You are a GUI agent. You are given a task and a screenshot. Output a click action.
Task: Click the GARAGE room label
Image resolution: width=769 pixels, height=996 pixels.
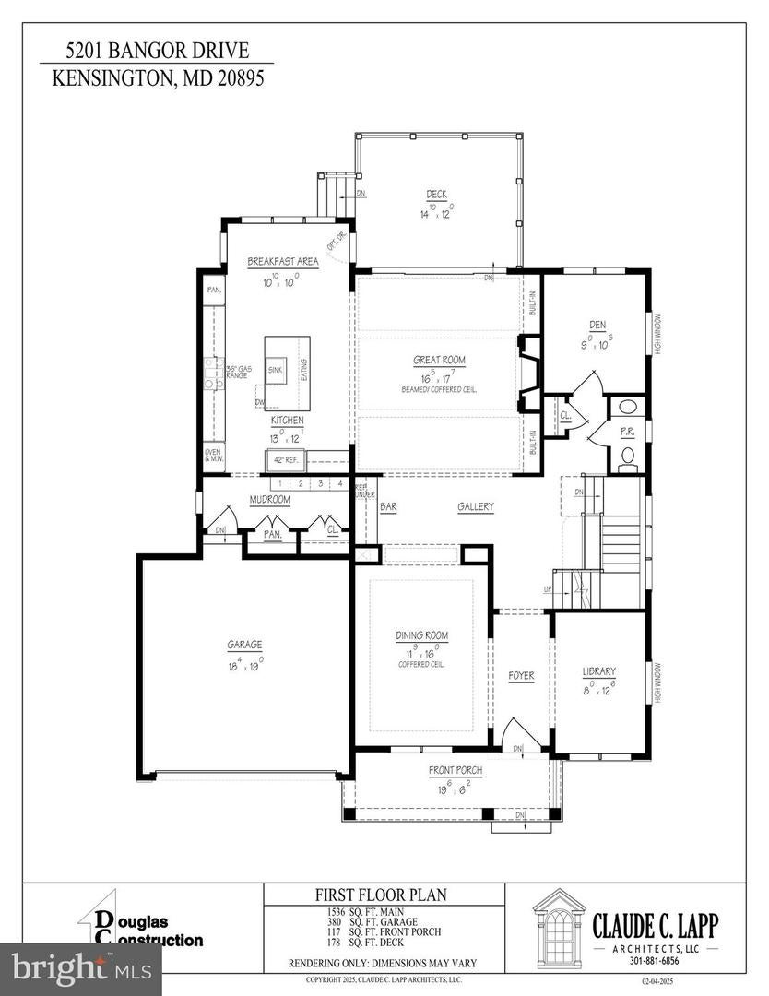point(245,645)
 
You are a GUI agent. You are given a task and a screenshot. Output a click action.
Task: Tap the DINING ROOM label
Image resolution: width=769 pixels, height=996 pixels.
point(422,636)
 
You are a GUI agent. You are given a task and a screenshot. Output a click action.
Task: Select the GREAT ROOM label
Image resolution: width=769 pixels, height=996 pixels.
point(438,361)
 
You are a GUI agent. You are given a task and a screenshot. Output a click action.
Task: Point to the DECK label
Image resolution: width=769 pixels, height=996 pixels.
point(436,194)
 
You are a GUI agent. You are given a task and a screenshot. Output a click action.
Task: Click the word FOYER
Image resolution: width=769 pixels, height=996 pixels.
point(521,676)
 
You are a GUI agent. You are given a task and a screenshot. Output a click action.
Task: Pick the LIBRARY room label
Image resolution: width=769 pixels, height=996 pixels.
point(598,670)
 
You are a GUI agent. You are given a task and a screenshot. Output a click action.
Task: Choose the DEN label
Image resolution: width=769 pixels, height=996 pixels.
point(596,324)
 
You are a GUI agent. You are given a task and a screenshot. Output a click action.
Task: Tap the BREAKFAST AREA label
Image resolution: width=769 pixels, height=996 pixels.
point(283,262)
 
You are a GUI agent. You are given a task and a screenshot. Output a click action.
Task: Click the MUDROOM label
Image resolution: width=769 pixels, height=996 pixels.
point(270,500)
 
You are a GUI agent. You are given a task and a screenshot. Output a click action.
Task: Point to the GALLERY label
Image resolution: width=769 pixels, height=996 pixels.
point(476,506)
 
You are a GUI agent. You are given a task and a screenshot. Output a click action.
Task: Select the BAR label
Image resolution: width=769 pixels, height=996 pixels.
point(388,506)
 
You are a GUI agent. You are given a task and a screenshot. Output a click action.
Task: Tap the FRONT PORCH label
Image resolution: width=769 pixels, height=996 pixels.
point(455,770)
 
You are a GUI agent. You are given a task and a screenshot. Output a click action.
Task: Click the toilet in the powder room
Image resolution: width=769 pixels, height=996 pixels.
point(628,455)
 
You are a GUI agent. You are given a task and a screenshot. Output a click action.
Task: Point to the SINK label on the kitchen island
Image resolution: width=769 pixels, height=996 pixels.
point(275,370)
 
